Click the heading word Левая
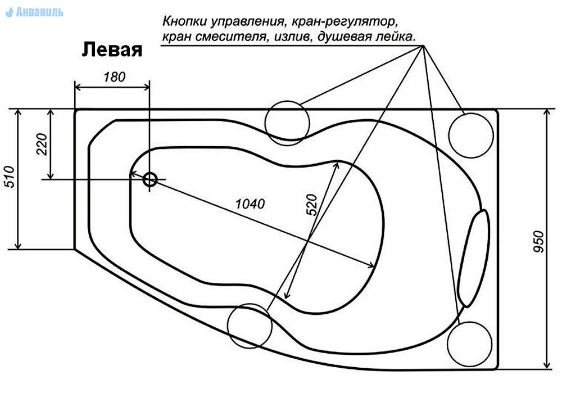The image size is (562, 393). (112, 50)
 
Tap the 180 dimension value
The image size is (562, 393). (114, 76)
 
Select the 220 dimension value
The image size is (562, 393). (42, 143)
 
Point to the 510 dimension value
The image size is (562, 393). (10, 177)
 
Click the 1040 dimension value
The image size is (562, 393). (250, 204)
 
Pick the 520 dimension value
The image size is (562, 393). (312, 205)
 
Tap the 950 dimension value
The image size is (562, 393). (538, 242)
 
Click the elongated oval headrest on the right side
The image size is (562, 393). (474, 258)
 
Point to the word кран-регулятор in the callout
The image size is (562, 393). (345, 21)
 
